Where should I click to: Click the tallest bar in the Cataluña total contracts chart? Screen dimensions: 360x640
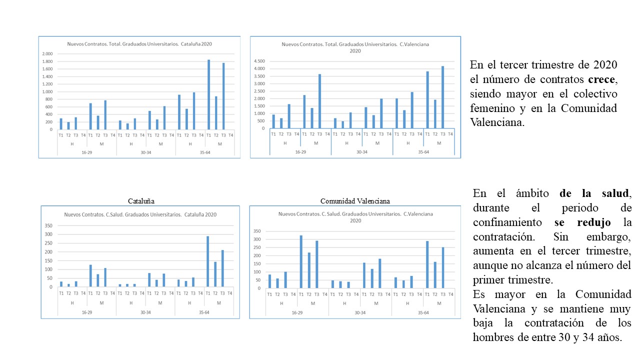(x=208, y=94)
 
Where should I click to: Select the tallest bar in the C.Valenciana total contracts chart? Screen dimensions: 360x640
(x=442, y=97)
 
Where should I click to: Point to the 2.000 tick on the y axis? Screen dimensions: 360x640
(x=47, y=54)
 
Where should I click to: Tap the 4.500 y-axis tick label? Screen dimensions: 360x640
(x=259, y=61)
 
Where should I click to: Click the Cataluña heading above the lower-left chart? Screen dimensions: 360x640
(x=140, y=201)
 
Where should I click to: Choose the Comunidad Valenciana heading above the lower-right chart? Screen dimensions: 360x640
(x=355, y=201)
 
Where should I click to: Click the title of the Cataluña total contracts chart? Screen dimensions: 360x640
(x=139, y=44)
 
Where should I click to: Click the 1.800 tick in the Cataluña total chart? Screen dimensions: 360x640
(x=47, y=61)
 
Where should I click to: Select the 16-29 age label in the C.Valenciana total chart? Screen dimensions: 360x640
(x=300, y=151)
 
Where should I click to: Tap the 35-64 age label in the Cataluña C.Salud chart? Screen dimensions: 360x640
(x=204, y=312)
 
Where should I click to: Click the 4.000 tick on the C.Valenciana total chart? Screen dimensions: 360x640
(x=259, y=68)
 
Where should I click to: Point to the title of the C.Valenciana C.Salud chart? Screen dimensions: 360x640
(x=355, y=217)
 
